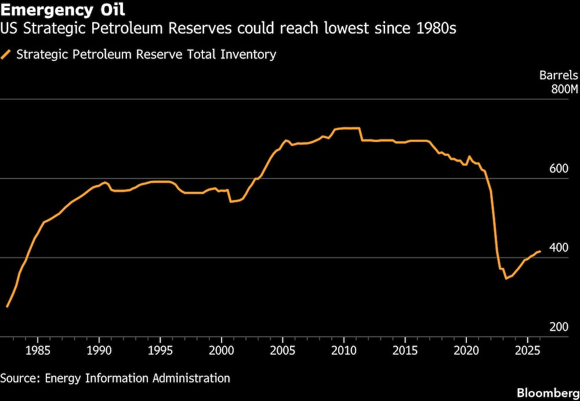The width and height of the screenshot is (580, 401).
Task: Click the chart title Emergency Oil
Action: [x=63, y=10]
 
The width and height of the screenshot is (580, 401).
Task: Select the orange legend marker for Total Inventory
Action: [x=7, y=55]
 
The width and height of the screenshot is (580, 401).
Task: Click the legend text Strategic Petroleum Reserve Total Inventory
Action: [x=146, y=55]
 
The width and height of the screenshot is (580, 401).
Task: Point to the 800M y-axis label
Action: [x=564, y=89]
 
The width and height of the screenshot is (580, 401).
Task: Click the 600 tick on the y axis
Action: [x=559, y=169]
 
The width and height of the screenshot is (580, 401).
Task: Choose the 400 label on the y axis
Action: [x=559, y=248]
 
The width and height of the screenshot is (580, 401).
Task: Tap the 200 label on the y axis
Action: [x=559, y=327]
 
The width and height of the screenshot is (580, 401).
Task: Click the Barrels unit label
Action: [x=559, y=75]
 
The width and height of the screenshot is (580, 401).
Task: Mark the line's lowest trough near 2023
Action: [x=506, y=278]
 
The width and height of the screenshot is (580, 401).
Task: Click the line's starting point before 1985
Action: [x=7, y=306]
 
